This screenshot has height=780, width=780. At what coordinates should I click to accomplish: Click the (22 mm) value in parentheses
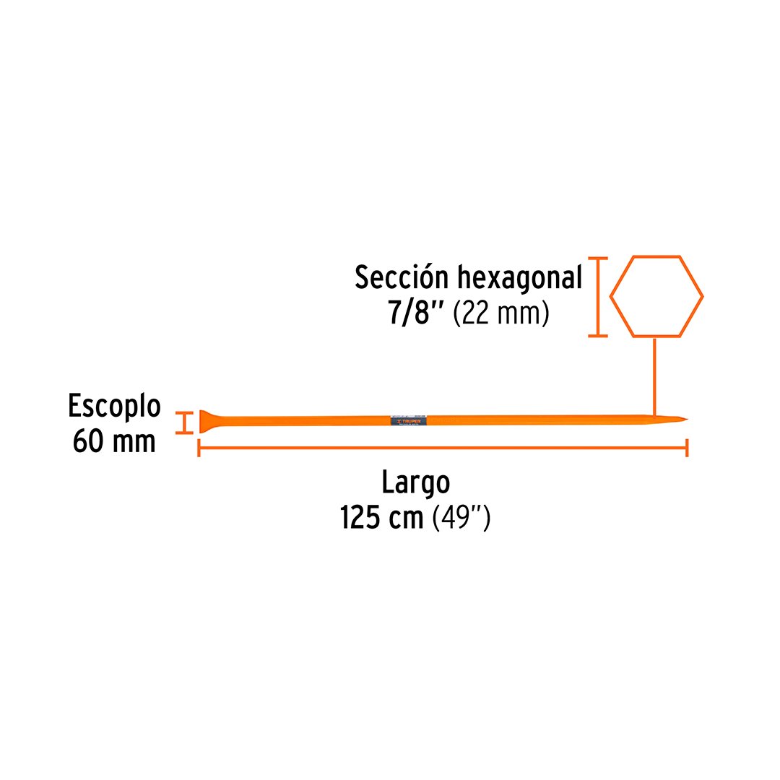(x=501, y=314)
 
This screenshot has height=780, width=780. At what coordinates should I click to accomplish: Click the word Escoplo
(x=114, y=406)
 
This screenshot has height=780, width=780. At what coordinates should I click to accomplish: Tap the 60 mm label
(x=114, y=441)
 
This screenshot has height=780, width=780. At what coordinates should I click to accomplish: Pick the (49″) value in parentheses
(x=461, y=517)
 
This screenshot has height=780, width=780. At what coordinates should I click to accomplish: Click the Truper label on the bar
(x=408, y=420)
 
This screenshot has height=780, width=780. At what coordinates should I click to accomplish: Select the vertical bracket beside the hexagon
(x=597, y=296)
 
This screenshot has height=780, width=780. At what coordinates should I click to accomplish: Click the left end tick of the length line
(x=199, y=448)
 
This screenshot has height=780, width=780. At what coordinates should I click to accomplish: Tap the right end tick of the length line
(x=687, y=448)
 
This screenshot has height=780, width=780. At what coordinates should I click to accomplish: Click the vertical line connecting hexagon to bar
(x=654, y=376)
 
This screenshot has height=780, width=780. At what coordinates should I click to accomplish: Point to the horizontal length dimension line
(x=442, y=448)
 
